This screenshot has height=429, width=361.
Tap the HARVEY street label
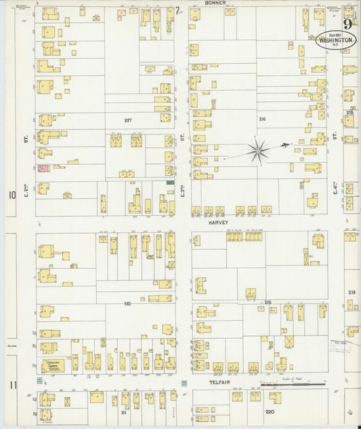click(218, 222)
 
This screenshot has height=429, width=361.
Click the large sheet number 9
click(347, 23)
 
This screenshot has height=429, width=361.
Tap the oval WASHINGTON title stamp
click(337, 40)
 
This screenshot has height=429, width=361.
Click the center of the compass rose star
click(258, 151)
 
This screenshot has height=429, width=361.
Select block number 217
click(127, 120)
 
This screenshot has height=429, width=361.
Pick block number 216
click(262, 119)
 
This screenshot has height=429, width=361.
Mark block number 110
click(127, 303)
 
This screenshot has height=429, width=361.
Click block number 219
click(352, 292)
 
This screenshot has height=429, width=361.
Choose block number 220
click(269, 412)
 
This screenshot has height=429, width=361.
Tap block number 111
click(124, 412)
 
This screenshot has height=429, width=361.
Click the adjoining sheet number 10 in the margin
click(12, 195)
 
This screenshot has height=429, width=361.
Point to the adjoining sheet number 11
click(12, 385)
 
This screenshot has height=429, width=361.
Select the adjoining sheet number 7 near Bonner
click(177, 10)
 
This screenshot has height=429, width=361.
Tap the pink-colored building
click(43, 168)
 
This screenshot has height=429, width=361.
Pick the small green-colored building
click(170, 182)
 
